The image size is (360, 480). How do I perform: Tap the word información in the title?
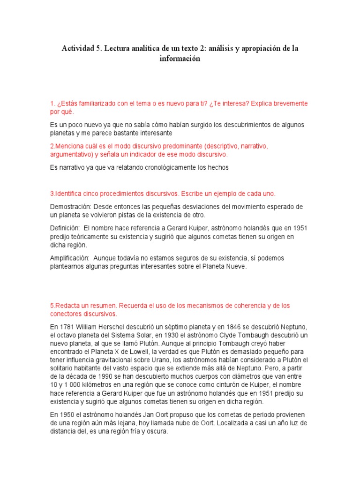180,59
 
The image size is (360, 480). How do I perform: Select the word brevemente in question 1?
285,103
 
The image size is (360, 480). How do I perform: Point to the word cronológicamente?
156,167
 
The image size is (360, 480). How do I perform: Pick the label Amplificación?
69,258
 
